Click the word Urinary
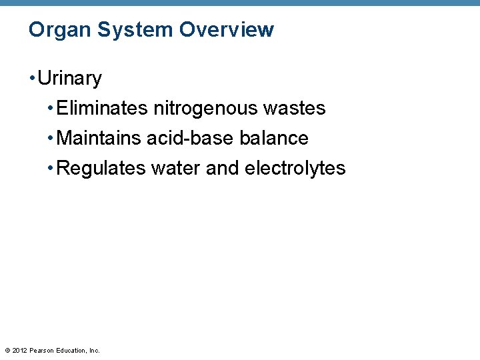coord(70,79)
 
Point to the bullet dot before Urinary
coord(32,79)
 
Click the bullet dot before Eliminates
coord(51,108)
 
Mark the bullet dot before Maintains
coord(51,138)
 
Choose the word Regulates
coord(102,168)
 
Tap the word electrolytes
coord(295,168)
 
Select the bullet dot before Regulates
coord(51,168)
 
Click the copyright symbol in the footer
coord(7,350)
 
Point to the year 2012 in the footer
coord(20,350)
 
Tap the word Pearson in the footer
coord(42,350)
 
